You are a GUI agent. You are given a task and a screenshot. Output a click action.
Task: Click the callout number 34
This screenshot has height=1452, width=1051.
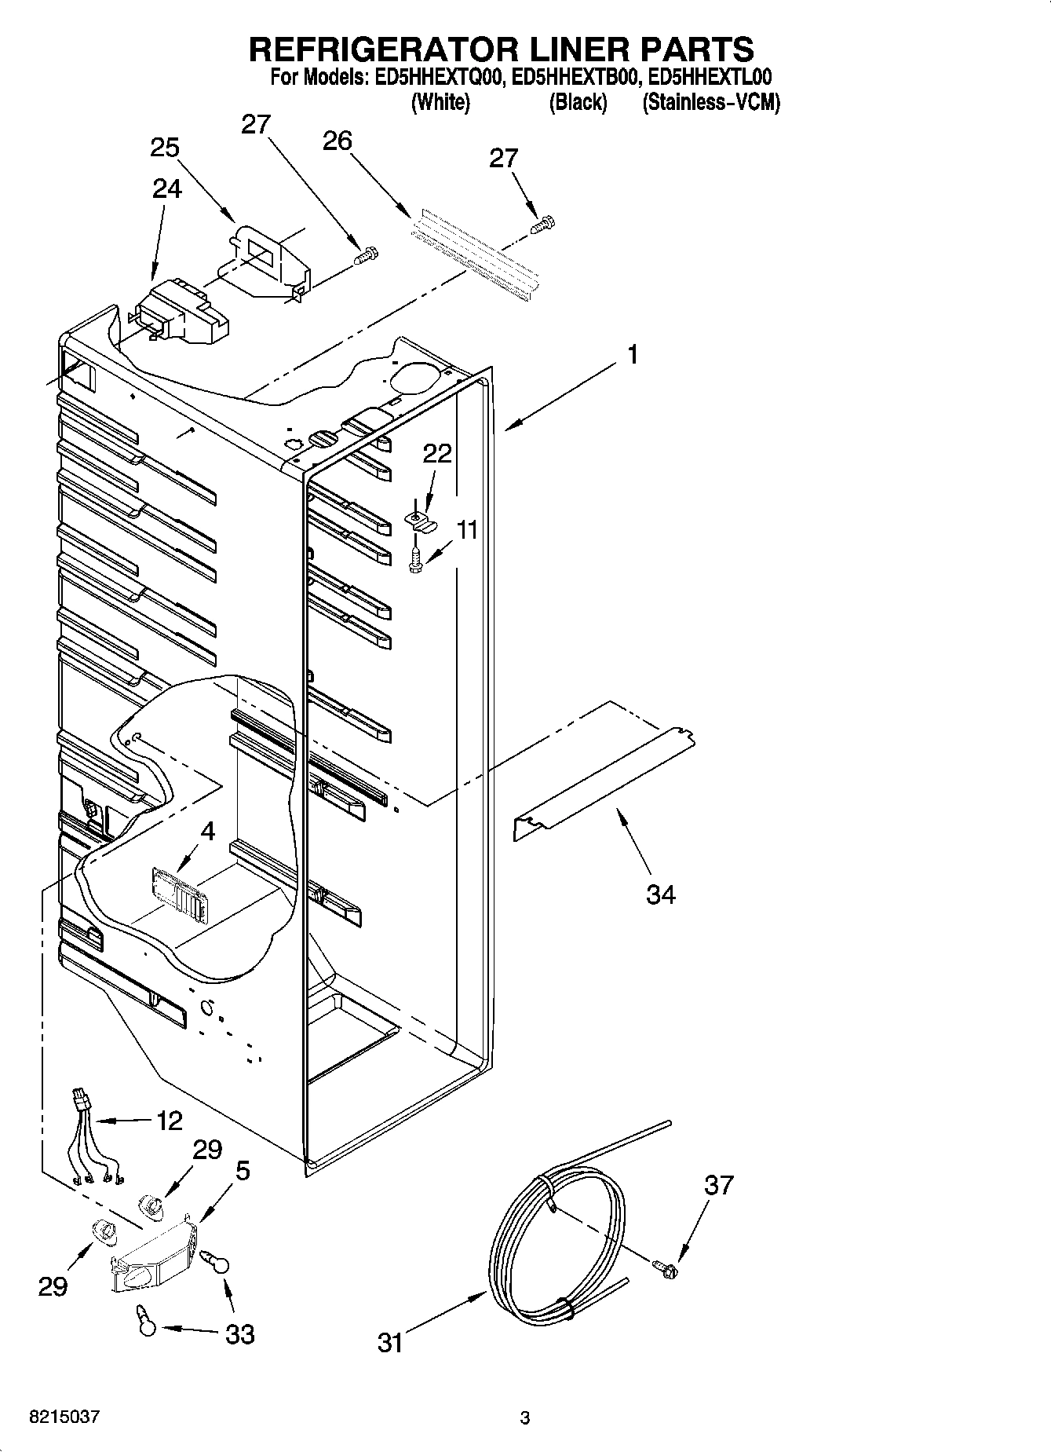point(660,894)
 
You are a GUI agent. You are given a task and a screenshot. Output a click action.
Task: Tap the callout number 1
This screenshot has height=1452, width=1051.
point(632,354)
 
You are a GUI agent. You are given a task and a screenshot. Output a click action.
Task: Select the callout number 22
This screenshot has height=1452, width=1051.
point(438,453)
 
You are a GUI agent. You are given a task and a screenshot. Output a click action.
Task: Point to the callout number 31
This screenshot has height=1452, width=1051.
point(390,1341)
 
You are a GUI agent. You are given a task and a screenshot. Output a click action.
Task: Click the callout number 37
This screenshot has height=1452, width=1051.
point(718,1184)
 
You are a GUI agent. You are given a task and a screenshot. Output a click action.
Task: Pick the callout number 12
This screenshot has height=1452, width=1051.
point(170,1120)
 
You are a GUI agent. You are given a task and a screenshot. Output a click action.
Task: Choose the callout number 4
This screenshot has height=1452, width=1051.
point(207,830)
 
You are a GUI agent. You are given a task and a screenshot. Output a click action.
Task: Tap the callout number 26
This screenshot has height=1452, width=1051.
point(338,141)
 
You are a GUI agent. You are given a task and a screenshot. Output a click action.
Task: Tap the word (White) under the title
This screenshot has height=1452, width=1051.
point(440,102)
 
